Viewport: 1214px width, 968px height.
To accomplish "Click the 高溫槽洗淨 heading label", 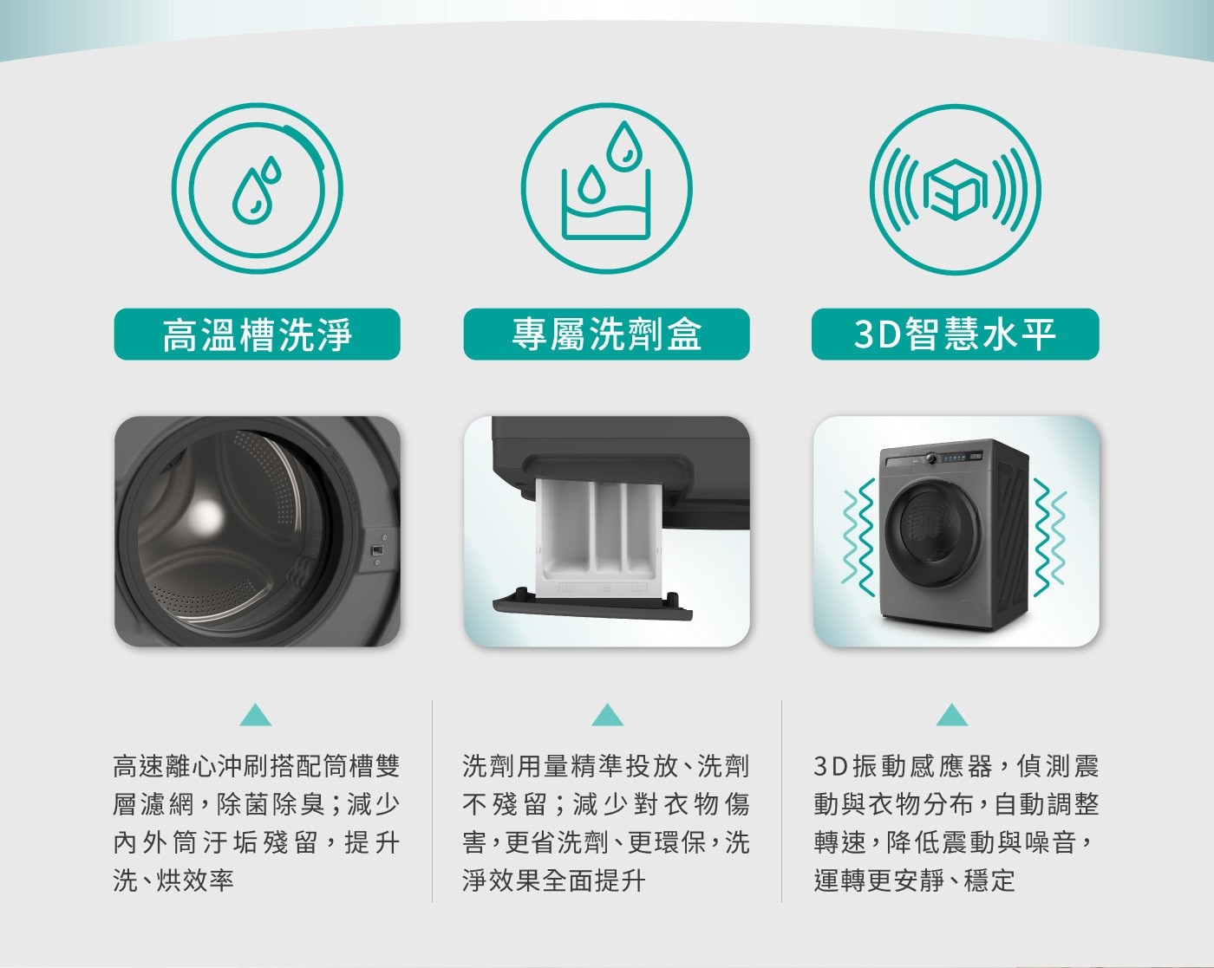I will click(257, 335).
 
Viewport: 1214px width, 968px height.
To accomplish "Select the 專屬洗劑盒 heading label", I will click(606, 335).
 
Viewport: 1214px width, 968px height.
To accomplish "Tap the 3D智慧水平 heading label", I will click(955, 335).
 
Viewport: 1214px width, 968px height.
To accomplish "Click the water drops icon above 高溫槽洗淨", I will click(257, 188).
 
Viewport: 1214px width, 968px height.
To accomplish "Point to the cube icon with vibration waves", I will click(955, 190).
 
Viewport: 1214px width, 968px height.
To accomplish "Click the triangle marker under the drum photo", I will click(256, 715).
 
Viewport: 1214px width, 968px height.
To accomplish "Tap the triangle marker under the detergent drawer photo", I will click(607, 715).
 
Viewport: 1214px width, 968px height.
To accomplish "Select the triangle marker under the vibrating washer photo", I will click(952, 715).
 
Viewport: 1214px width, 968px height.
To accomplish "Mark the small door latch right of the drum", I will click(376, 550).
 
